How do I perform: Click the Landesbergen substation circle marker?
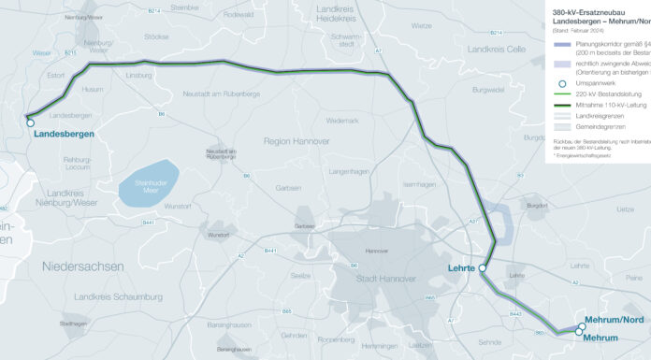coord(30,122)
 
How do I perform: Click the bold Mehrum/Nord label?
coord(614,321)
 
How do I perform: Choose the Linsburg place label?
coord(137,74)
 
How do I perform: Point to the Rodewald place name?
coord(239,15)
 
